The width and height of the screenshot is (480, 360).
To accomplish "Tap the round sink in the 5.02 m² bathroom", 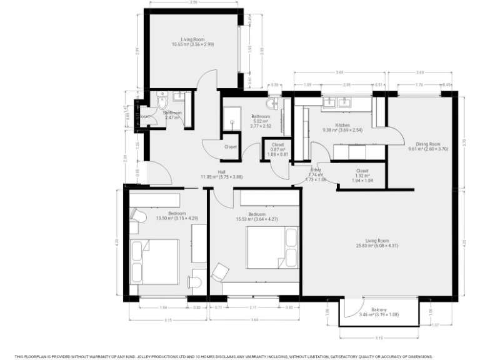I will (272, 104).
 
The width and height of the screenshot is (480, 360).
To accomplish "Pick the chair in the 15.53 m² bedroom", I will (219, 272).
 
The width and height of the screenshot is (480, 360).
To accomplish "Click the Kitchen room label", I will (342, 125).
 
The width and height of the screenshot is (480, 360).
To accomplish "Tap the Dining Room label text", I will (420, 144).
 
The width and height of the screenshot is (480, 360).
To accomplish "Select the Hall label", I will (221, 172).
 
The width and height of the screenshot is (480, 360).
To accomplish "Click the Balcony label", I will (379, 310).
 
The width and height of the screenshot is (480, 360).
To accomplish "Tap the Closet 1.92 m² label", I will (362, 171).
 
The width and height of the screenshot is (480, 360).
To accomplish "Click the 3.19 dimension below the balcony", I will (379, 338).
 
